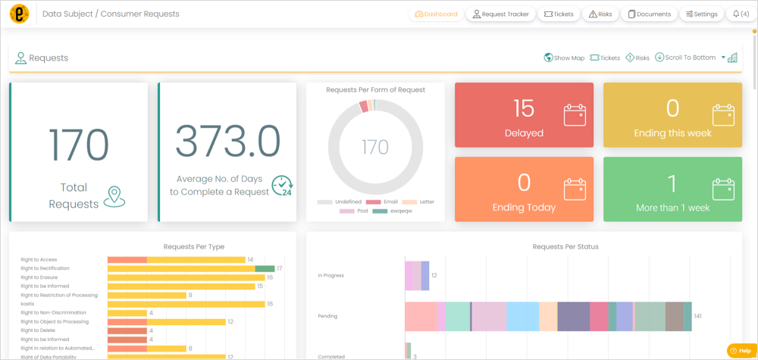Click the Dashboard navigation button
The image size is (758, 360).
click(x=437, y=14)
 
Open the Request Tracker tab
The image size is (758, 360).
click(x=500, y=14)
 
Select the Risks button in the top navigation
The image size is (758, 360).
click(x=600, y=14)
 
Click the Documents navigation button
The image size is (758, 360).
click(x=649, y=14)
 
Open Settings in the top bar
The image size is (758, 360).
click(x=701, y=14)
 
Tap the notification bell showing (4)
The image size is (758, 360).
click(x=741, y=14)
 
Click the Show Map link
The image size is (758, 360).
click(x=565, y=58)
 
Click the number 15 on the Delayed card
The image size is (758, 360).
click(x=524, y=108)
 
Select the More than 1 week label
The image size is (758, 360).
click(x=672, y=208)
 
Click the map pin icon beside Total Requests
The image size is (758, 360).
click(x=114, y=196)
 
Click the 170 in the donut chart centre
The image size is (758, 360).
click(x=375, y=146)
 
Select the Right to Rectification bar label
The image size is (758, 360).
click(x=45, y=268)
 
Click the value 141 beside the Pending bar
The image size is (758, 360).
click(x=698, y=316)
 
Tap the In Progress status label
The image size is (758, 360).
click(x=330, y=275)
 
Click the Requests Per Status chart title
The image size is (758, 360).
click(x=565, y=246)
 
